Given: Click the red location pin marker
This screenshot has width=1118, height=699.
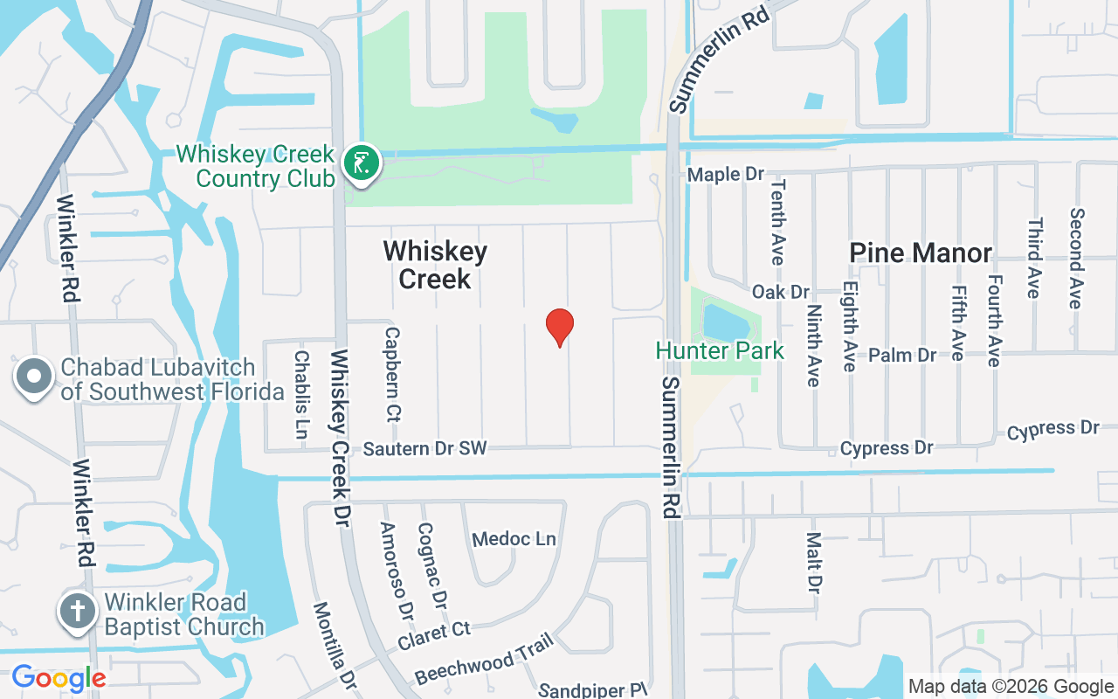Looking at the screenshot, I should [559, 328].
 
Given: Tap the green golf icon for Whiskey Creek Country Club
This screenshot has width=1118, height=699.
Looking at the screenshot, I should [361, 163].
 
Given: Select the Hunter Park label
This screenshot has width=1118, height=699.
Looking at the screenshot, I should [720, 351].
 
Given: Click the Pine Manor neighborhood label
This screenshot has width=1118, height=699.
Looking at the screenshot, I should [921, 253].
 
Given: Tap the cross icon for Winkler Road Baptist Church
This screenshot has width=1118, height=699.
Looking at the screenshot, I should [78, 610].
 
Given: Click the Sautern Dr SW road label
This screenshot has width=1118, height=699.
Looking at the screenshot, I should [424, 449].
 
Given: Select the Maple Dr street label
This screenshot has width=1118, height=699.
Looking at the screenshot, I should [726, 175].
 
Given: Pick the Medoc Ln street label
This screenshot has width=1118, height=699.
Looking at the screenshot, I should [514, 539].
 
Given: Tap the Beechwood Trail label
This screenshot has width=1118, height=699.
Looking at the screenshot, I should [485, 659].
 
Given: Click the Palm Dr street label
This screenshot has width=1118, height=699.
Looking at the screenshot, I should [902, 356].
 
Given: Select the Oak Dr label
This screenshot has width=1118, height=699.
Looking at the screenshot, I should [781, 292].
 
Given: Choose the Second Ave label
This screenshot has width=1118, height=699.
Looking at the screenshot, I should [1076, 258].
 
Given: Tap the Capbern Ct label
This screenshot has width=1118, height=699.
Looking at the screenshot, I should [392, 373].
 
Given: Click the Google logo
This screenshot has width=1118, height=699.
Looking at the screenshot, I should [59, 678].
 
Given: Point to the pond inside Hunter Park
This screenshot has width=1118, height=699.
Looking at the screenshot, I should [725, 322].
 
